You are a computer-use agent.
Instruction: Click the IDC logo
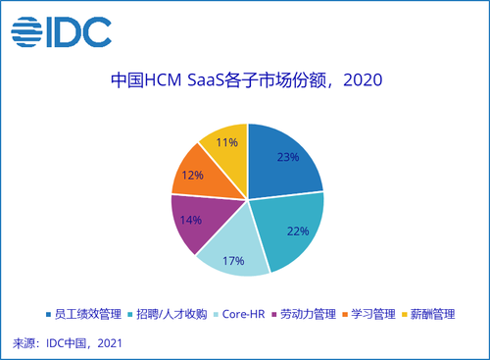(62, 32)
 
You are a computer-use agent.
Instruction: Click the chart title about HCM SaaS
(247, 80)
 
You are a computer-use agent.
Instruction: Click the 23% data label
(288, 157)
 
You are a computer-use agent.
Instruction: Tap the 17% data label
(233, 261)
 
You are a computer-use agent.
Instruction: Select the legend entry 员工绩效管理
(84, 314)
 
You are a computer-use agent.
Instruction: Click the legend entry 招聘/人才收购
(168, 314)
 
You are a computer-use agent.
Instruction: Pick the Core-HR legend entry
(239, 314)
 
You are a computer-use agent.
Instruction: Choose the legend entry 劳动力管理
(304, 314)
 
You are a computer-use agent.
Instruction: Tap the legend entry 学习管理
(368, 314)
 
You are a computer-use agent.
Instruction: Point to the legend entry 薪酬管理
(428, 314)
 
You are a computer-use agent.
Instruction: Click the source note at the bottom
(68, 343)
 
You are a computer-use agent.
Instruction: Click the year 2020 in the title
(363, 80)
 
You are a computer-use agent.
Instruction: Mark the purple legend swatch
(274, 315)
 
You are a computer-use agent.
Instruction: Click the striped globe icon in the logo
(26, 32)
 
